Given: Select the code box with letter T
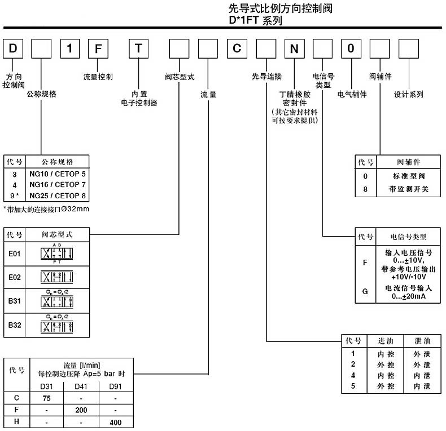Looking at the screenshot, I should pyautogui.click(x=139, y=48).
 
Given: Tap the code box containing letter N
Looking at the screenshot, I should pyautogui.click(x=294, y=48).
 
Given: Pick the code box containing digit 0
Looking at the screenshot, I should pyautogui.click(x=351, y=48).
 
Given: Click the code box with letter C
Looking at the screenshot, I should pyautogui.click(x=238, y=48).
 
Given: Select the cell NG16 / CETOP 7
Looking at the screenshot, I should pyautogui.click(x=58, y=185).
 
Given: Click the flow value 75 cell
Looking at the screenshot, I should pyautogui.click(x=47, y=397).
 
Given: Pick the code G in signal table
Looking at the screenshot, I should pyautogui.click(x=365, y=291).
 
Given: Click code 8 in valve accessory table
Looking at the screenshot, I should pyautogui.click(x=365, y=189).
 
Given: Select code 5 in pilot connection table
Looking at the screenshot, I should pyautogui.click(x=353, y=386).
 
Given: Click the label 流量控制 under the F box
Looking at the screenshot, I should pyautogui.click(x=98, y=76).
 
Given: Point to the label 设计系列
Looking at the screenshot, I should pyautogui.click(x=409, y=94).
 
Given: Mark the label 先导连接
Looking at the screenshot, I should pyautogui.click(x=266, y=76).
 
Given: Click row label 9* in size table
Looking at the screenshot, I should pyautogui.click(x=15, y=195).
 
